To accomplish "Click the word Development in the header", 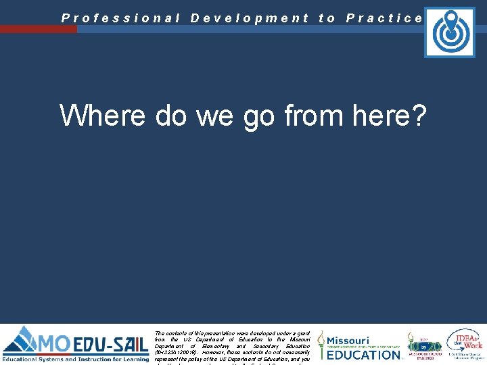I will click(250, 18).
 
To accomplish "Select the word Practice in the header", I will click(384, 18).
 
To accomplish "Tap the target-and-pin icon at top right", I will click(449, 32).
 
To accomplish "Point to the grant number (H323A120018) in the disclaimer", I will click(179, 352).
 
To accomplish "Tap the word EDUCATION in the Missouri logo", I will click(364, 354).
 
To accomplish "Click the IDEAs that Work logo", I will click(465, 343).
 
